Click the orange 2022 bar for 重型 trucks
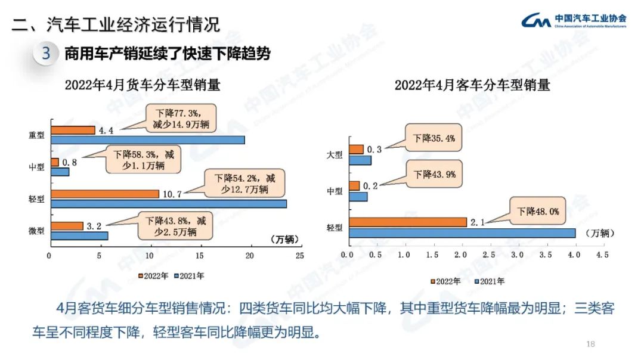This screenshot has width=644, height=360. [73, 130]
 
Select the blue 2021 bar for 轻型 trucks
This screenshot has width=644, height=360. [168, 204]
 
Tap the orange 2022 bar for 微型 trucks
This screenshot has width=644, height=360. [67, 226]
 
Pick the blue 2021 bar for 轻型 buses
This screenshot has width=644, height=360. [462, 232]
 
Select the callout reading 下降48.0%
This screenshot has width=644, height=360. [537, 210]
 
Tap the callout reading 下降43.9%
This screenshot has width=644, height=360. [435, 174]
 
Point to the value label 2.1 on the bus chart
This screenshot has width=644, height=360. [476, 222]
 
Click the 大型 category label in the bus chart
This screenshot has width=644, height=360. [335, 155]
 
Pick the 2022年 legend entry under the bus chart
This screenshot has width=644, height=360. [445, 281]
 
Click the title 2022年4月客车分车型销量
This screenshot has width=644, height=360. [472, 85]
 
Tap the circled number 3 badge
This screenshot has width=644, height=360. [46, 54]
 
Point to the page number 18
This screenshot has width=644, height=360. [591, 344]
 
